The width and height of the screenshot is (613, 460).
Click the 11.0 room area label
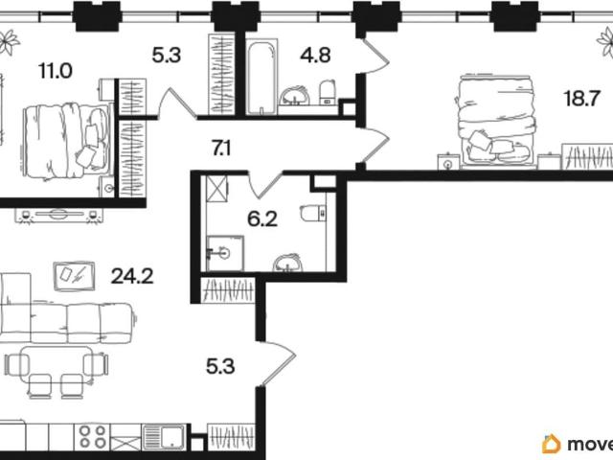(x=56, y=71)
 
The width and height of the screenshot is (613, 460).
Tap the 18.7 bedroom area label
(x=581, y=98)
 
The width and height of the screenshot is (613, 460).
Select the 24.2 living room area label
(x=132, y=277)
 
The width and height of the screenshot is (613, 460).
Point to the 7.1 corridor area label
(x=221, y=149)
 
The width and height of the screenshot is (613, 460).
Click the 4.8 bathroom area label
(x=315, y=56)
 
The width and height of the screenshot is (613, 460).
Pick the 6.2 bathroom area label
(x=262, y=219)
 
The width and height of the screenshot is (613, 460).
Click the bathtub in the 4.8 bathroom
(x=262, y=77)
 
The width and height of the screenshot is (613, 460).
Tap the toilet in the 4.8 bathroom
(x=328, y=92)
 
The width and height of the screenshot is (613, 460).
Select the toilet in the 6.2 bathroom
(x=313, y=213)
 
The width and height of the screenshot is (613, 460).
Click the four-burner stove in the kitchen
(x=92, y=437)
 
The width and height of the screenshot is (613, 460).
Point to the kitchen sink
(x=164, y=437)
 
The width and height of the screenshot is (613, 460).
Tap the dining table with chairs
(x=57, y=371)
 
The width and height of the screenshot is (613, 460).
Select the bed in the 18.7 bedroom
(x=495, y=121)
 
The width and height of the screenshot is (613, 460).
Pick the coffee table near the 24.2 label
(x=74, y=276)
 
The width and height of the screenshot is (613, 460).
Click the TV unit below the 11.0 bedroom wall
(x=59, y=216)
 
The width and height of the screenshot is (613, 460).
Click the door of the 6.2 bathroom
(x=265, y=183)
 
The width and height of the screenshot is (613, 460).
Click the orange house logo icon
(x=552, y=444)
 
